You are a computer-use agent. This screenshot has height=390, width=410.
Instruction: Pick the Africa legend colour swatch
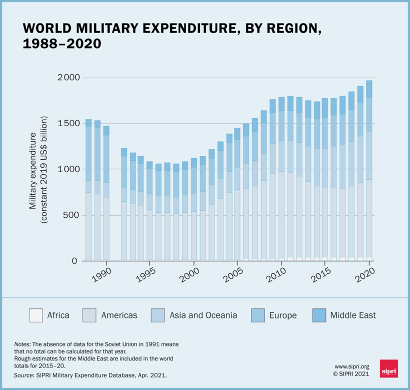35,315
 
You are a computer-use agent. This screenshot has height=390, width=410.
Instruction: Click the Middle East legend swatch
318,315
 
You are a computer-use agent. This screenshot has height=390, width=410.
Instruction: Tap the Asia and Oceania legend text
203,315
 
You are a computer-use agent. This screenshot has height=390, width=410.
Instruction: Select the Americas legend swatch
89,315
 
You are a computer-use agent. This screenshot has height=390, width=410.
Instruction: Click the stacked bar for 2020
369,170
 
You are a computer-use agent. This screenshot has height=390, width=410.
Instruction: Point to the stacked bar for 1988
88,190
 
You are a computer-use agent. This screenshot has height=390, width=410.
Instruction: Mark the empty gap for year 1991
115,200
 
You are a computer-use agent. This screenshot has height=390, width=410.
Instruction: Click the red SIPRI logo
388,369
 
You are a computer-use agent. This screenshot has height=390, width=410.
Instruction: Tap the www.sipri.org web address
352,366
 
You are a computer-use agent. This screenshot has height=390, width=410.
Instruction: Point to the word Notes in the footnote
22,345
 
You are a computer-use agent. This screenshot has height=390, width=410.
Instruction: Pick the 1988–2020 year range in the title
62,44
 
